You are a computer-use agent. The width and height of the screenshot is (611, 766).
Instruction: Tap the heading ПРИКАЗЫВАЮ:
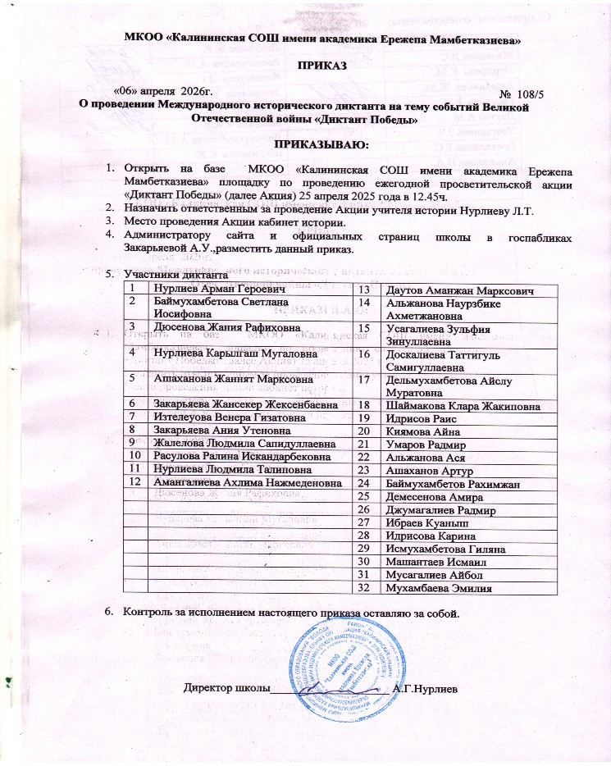click(304, 145)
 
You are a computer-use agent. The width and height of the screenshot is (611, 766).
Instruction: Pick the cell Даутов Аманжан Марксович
click(453, 290)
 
